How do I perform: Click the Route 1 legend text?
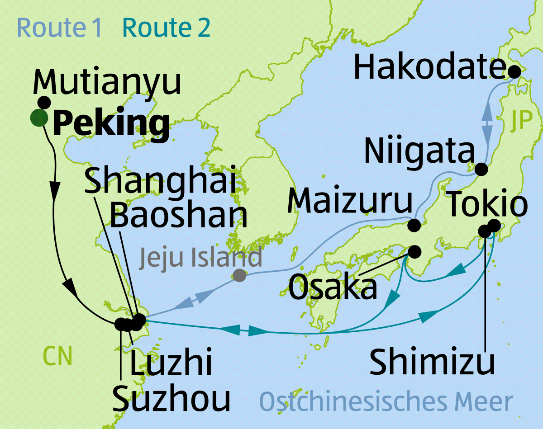pos(59,28)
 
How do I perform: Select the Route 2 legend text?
pos(167,28)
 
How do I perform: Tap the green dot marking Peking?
pos(39,118)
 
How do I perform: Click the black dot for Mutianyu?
pos(44,102)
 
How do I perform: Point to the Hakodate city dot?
pos(514,71)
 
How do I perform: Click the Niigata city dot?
pos(481,170)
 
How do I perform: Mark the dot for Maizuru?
pos(414,225)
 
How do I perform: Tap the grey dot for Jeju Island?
pos(239,275)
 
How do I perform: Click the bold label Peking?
pos(111,123)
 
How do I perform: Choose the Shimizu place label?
pos(432,362)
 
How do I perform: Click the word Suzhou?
pos(171,398)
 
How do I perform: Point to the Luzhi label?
pos(171,364)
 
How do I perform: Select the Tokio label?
pos(487,204)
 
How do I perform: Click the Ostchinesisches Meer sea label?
pos(386,401)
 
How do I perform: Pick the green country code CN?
pos(57,356)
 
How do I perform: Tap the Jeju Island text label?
pos(200,257)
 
